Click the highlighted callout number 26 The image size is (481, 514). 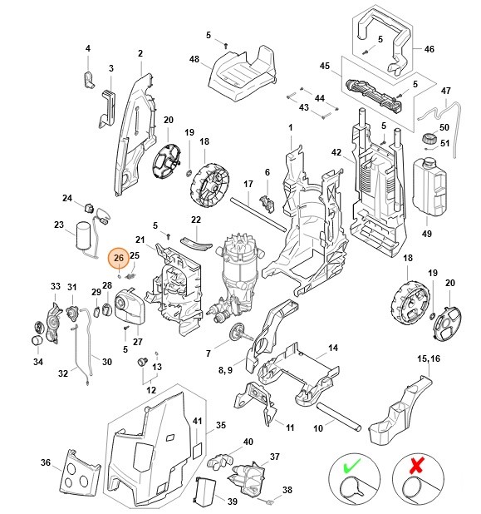(x=118, y=259)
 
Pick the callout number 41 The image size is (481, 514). (x=197, y=423)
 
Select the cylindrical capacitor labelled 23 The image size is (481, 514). (x=83, y=236)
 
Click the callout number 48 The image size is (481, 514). (x=194, y=59)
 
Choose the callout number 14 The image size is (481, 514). (x=332, y=348)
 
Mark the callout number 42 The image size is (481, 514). (x=336, y=153)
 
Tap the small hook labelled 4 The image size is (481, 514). (x=89, y=78)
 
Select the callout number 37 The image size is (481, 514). (x=273, y=457)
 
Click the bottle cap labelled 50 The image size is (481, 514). (x=429, y=137)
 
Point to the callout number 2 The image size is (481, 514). (x=140, y=54)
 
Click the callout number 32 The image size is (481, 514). (x=63, y=374)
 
